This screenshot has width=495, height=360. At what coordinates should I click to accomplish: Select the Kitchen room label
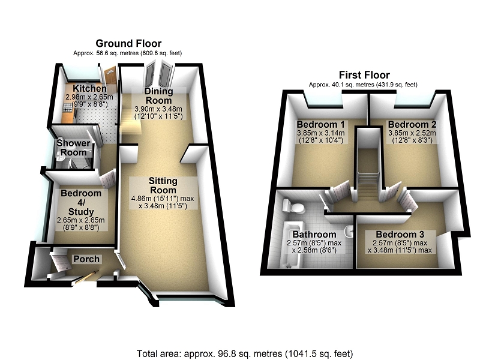pyautogui.click(x=86, y=89)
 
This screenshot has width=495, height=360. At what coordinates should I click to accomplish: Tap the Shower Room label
pyautogui.click(x=73, y=148)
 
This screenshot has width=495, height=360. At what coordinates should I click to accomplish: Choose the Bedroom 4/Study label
pyautogui.click(x=80, y=199)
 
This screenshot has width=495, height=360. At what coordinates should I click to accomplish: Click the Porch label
pyautogui.click(x=86, y=259)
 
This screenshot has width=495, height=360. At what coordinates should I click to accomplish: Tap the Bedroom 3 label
pyautogui.click(x=400, y=234)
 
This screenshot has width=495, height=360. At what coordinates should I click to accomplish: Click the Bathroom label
pyautogui.click(x=314, y=234)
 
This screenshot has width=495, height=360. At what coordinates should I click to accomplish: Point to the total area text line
pyautogui.click(x=244, y=353)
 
